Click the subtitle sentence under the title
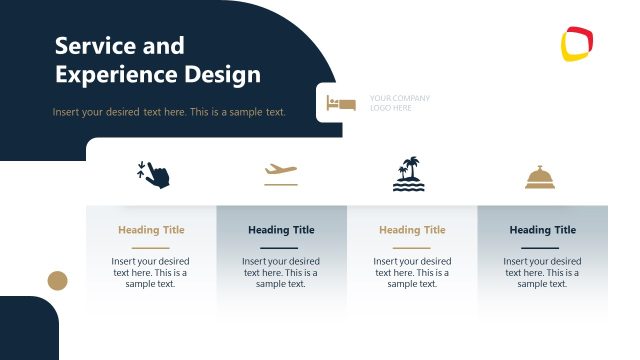click(169, 112)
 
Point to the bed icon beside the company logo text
click(341, 103)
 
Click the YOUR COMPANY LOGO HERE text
click(399, 103)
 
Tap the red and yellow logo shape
click(578, 44)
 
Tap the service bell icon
click(541, 178)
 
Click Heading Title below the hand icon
click(151, 230)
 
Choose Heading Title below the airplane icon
click(281, 230)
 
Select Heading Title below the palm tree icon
click(412, 230)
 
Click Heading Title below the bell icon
click(543, 230)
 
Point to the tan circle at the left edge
click(58, 280)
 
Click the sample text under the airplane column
click(281, 272)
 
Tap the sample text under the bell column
click(543, 272)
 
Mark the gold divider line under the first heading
click(151, 247)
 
